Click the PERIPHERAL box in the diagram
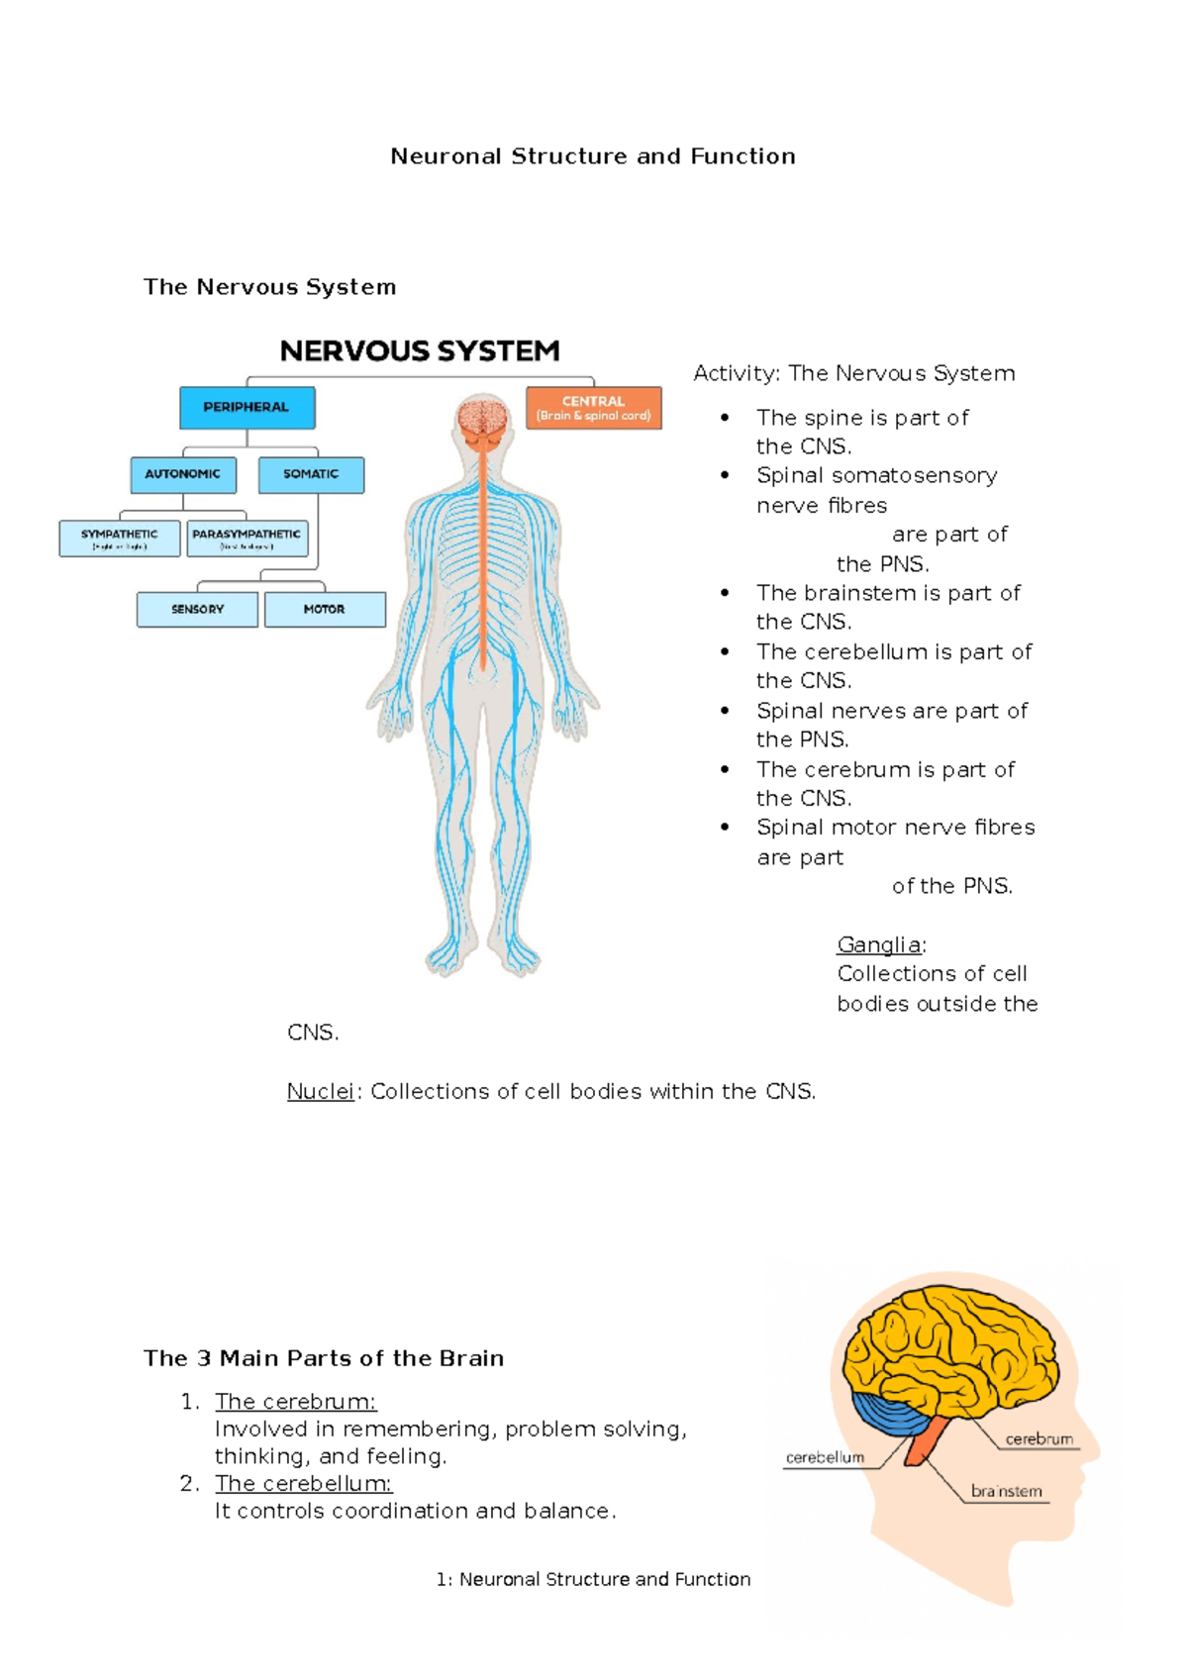(247, 407)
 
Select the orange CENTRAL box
(593, 408)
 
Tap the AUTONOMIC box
(183, 474)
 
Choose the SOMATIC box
(311, 474)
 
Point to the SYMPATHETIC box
(120, 539)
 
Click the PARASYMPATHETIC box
(247, 539)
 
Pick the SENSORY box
(197, 609)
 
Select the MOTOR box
(325, 609)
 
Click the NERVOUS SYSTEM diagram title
(420, 351)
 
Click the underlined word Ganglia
(879, 944)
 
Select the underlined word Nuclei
(320, 1091)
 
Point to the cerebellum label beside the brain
(825, 1457)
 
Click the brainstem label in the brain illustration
(1006, 1491)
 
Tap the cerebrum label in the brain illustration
(1039, 1438)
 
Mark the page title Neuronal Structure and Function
(593, 156)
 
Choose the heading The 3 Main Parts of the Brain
(324, 1358)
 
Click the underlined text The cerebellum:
(303, 1483)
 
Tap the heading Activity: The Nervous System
(853, 373)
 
